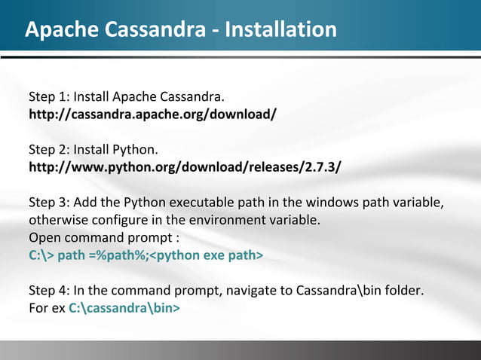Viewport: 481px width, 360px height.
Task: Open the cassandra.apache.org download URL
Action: tap(152, 115)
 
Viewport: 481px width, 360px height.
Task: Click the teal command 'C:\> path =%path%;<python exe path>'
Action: tap(146, 255)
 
